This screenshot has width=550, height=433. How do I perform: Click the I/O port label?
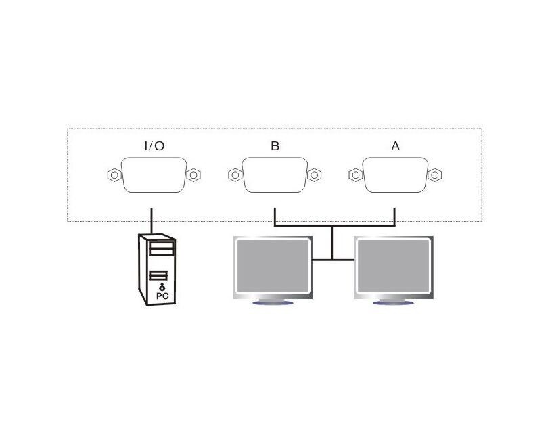[154, 145]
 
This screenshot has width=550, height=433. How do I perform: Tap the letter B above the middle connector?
[275, 145]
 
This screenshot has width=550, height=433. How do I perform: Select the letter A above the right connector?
[395, 145]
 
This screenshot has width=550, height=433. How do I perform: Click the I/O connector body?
[154, 175]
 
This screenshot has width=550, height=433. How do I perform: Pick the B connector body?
[275, 175]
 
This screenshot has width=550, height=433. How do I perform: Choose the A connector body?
[395, 175]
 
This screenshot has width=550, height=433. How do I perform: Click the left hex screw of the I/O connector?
[114, 175]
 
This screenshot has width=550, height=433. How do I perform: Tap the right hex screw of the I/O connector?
[193, 175]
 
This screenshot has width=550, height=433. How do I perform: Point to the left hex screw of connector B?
[235, 175]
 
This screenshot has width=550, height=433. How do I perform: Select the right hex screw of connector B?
[315, 175]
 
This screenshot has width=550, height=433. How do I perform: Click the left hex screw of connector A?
[356, 175]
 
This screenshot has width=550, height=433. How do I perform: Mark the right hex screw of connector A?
[435, 175]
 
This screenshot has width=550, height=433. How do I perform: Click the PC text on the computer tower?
[162, 296]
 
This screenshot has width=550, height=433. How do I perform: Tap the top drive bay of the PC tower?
[162, 244]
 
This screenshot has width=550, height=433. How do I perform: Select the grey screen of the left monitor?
[273, 265]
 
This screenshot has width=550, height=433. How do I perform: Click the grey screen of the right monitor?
[394, 265]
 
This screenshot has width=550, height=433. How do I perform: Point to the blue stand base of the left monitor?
[273, 302]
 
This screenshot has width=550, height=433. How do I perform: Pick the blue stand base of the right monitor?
[394, 302]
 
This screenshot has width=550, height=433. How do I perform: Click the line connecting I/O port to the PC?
[152, 221]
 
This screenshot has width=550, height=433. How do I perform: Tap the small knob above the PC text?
[162, 288]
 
